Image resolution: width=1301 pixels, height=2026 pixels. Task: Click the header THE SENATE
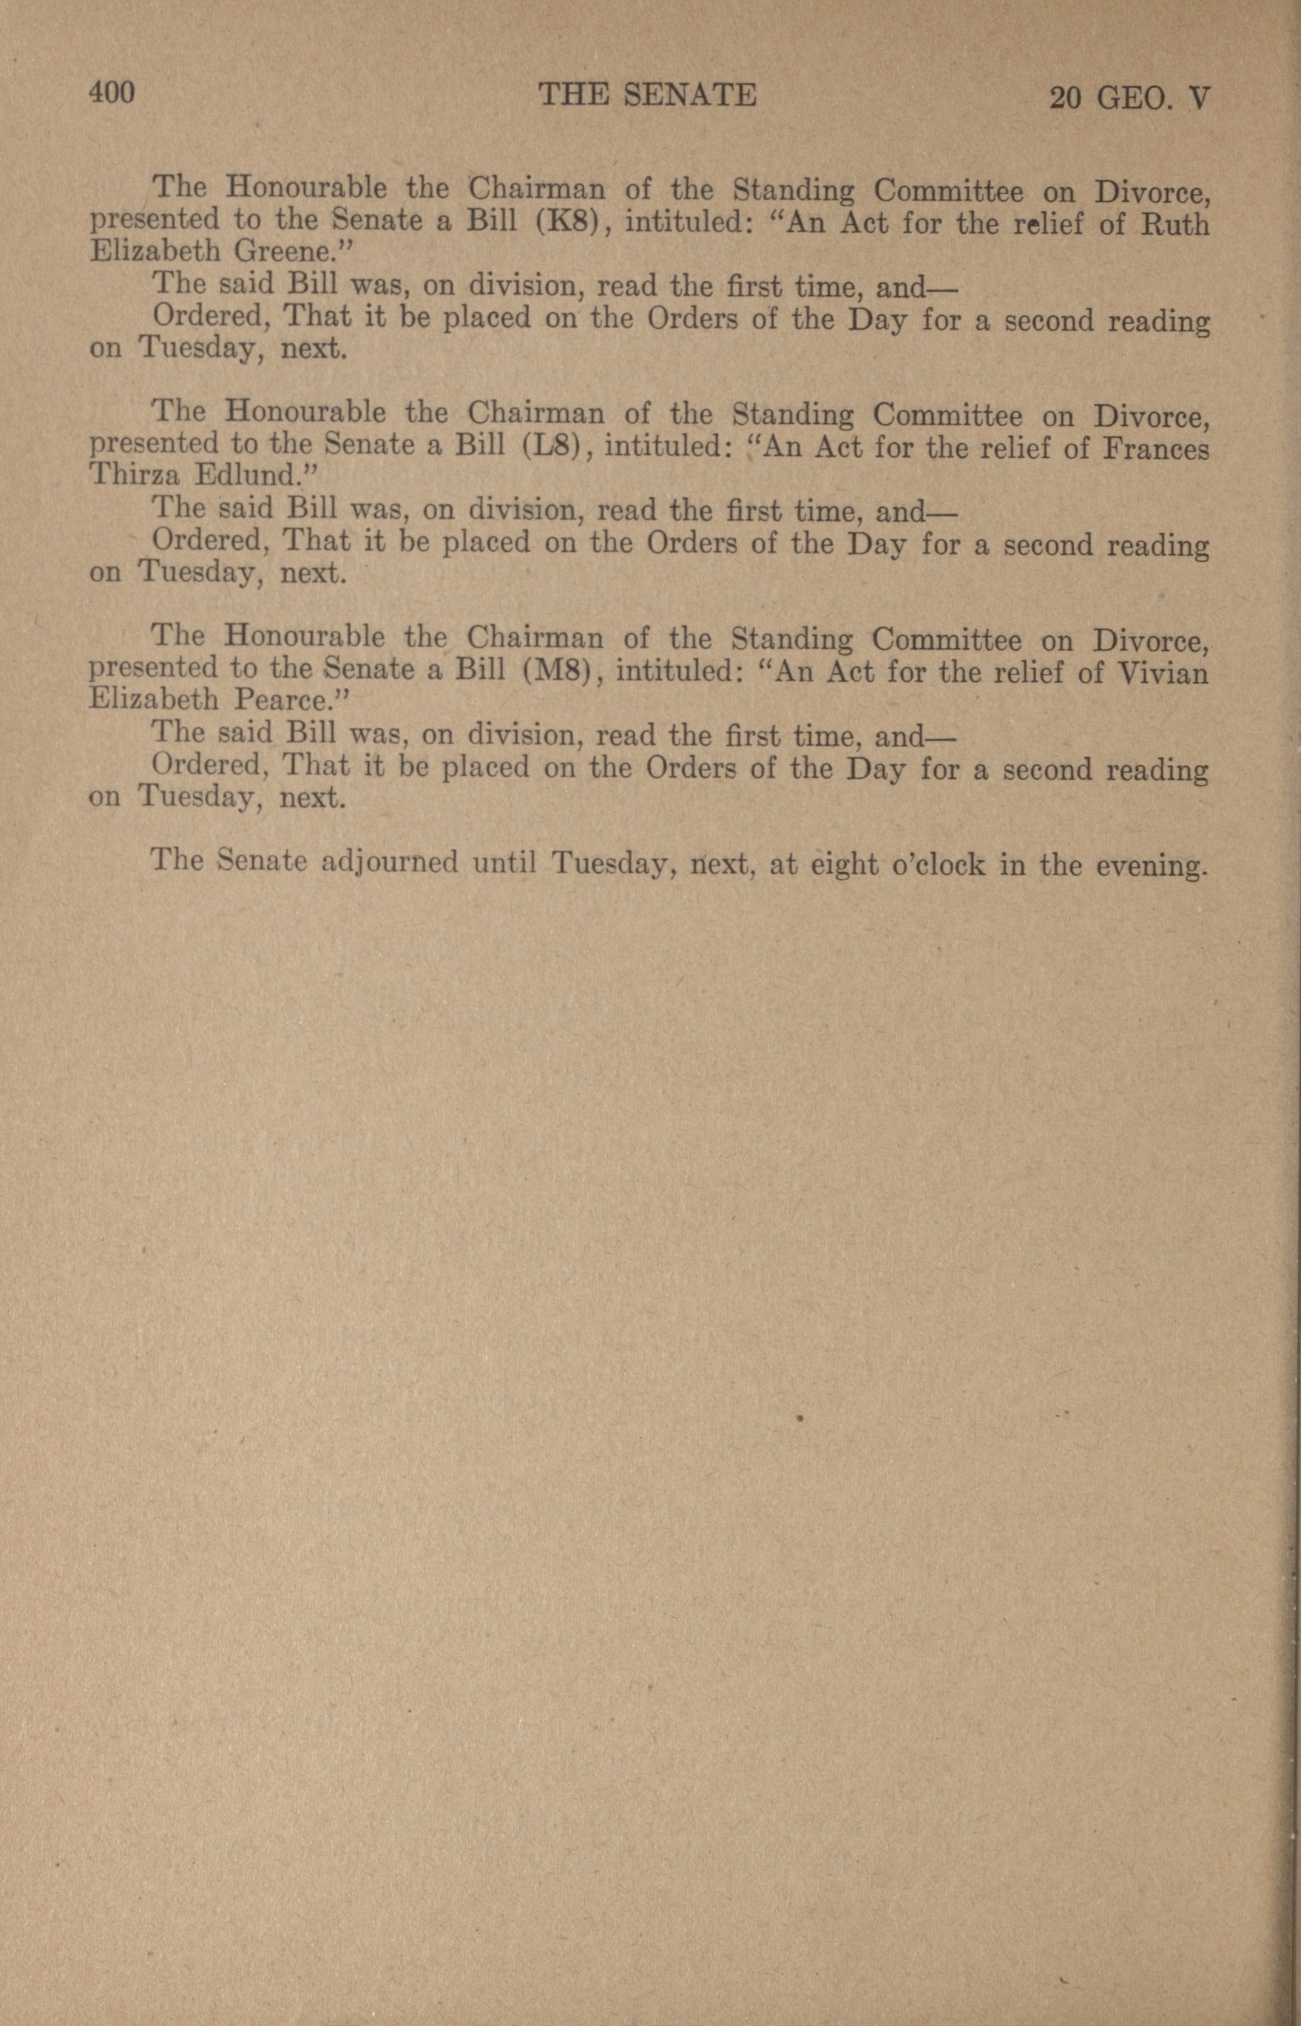(x=647, y=95)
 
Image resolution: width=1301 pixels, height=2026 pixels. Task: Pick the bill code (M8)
(x=561, y=671)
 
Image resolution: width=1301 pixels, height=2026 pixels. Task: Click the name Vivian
(x=1163, y=673)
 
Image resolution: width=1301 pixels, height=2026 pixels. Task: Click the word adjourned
(x=390, y=861)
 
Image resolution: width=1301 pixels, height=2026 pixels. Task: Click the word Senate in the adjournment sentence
(x=261, y=860)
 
